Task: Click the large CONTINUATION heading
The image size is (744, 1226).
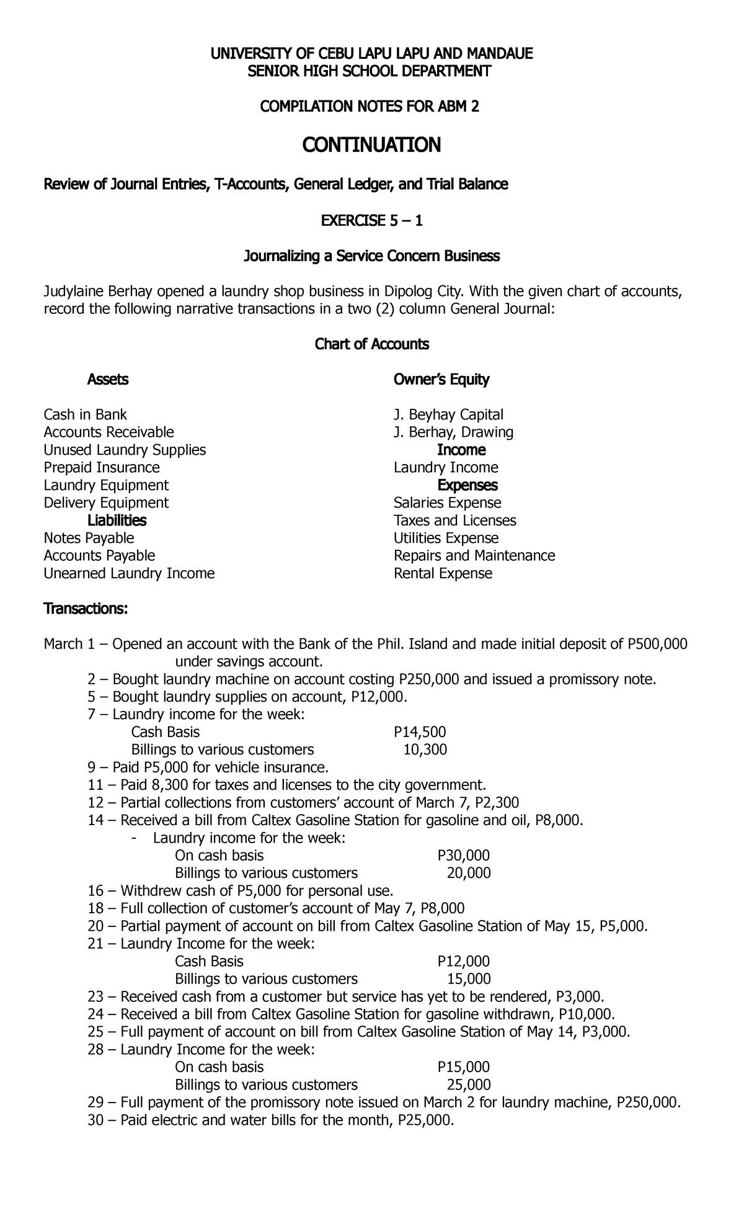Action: pos(371,145)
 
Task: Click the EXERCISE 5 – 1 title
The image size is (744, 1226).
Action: pos(371,220)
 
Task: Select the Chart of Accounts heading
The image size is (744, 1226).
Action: pos(372,344)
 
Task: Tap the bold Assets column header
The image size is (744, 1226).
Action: pos(108,379)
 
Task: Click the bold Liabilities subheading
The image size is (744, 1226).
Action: pos(117,520)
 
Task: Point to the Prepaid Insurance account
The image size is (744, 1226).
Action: pos(102,467)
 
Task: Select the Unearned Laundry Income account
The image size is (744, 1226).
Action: pos(129,573)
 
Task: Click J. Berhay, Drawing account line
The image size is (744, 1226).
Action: pos(453,432)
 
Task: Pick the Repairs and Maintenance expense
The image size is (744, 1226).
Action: pos(474,555)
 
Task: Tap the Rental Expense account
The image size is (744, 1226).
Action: pos(443,573)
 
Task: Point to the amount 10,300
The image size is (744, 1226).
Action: pos(425,749)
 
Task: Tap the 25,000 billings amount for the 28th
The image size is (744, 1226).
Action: pos(469,1102)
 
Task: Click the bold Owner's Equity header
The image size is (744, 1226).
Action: pos(441,379)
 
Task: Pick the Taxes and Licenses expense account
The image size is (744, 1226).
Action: pos(454,520)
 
